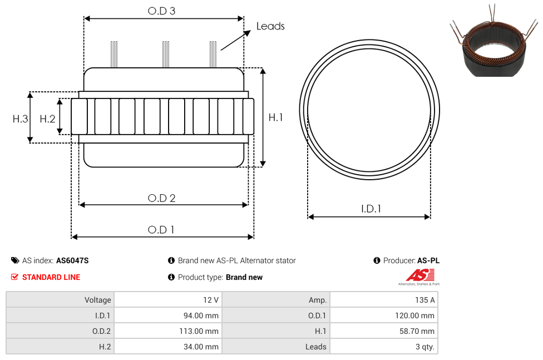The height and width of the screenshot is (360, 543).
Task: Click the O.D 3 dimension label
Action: [x=161, y=11]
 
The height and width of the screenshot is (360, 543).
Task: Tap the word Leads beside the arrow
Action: [x=270, y=26]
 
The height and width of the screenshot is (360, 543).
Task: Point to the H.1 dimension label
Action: [x=275, y=117]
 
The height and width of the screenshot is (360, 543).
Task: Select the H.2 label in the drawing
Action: [x=47, y=119]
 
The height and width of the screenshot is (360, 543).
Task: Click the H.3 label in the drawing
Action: [x=20, y=119]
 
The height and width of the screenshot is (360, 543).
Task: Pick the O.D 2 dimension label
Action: [x=162, y=198]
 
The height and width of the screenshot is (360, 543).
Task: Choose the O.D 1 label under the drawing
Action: [x=161, y=230]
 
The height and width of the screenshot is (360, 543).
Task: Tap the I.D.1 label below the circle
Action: [x=371, y=209]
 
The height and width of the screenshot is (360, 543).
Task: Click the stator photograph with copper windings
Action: [x=494, y=42]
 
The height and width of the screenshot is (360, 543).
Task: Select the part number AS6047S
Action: [x=72, y=260]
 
